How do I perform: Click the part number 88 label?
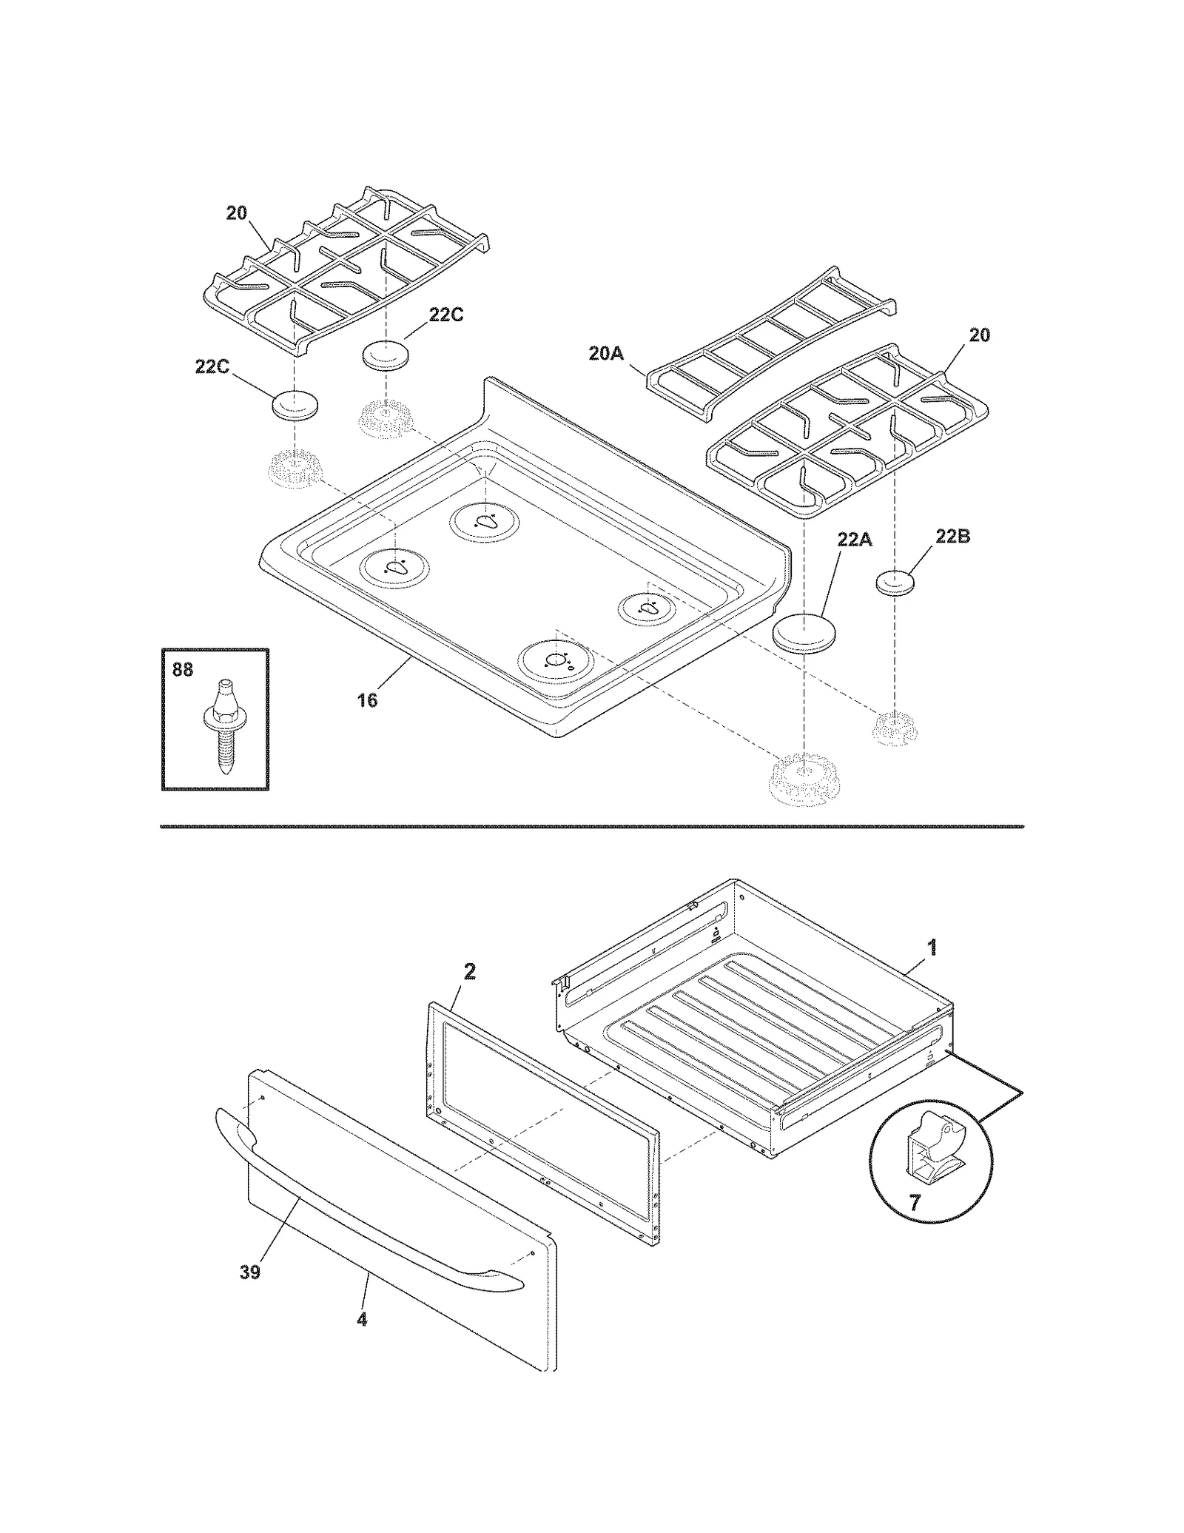(182, 670)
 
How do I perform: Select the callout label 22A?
(855, 540)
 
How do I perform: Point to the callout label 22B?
(952, 537)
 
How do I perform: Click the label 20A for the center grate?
(606, 354)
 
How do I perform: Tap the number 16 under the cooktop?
(367, 700)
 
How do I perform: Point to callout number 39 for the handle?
(250, 1272)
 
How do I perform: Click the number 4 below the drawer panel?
(362, 1318)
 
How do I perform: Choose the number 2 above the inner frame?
(469, 972)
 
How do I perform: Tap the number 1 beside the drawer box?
(932, 947)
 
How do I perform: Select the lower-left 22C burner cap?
(296, 406)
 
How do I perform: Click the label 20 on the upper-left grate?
(236, 213)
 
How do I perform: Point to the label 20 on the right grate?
(979, 335)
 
